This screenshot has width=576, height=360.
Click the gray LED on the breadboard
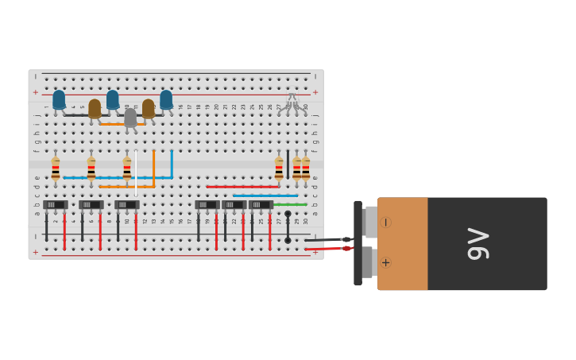tap(130, 118)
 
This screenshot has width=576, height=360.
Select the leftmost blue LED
tap(59, 99)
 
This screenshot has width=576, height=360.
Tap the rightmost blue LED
tap(166, 99)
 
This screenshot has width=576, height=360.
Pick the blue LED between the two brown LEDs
tap(113, 99)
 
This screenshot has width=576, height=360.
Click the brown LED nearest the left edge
tap(95, 108)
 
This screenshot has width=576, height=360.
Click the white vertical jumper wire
tap(136, 173)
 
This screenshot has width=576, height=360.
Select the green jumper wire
tap(290, 204)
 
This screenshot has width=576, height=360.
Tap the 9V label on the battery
tap(479, 243)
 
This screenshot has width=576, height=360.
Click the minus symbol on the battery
tap(385, 223)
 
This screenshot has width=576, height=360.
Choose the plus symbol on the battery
tap(385, 262)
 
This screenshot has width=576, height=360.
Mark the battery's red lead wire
tap(326, 249)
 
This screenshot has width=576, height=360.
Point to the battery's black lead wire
tap(326, 239)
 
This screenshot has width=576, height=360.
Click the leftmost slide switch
tap(55, 204)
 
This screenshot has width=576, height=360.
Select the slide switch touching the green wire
tap(261, 204)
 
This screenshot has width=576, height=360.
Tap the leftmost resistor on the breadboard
tap(56, 168)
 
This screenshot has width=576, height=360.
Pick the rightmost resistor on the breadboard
tap(306, 168)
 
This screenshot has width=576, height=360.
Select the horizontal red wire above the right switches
tap(242, 187)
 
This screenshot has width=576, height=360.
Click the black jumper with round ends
tap(288, 226)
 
